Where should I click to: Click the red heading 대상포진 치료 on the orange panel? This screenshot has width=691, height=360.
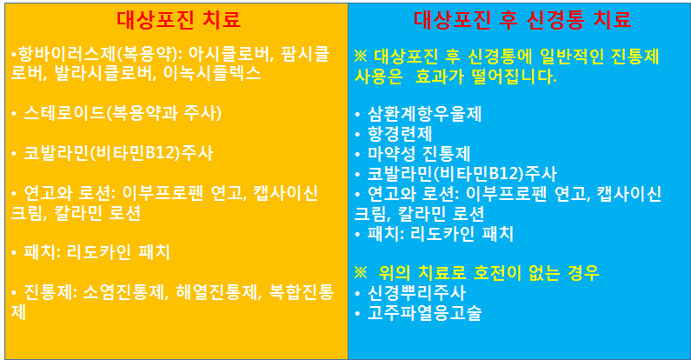(x=179, y=20)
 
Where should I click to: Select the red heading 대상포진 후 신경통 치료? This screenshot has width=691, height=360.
(x=522, y=20)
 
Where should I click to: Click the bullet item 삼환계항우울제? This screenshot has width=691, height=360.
(x=424, y=114)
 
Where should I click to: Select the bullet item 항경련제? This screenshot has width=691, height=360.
(x=400, y=134)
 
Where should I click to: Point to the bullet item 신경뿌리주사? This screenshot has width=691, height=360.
(x=416, y=293)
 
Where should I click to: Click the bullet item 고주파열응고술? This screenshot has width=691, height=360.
(x=424, y=313)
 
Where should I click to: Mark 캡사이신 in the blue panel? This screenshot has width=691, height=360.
(x=628, y=193)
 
